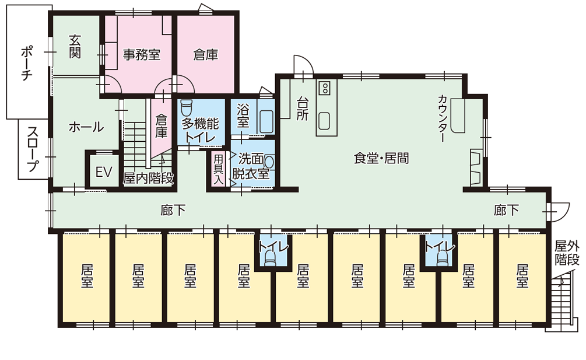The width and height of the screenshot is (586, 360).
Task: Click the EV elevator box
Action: coord(103,172)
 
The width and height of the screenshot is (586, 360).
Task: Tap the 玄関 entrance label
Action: coord(75,46)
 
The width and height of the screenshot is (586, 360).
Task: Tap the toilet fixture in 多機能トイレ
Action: coord(187,109)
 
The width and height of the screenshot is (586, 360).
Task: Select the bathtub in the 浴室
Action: coord(266,121)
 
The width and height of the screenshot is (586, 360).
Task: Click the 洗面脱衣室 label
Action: coord(252,166)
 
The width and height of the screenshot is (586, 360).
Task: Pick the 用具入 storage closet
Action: coord(218,169)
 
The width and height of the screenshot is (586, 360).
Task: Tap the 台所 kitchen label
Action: coord(302,108)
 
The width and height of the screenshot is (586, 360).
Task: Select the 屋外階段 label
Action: coord(566,251)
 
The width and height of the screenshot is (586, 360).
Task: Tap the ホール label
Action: coord(86,127)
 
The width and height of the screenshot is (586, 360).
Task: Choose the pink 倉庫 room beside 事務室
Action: coord(205,55)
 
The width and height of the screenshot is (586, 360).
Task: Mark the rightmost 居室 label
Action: coord(522,276)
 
